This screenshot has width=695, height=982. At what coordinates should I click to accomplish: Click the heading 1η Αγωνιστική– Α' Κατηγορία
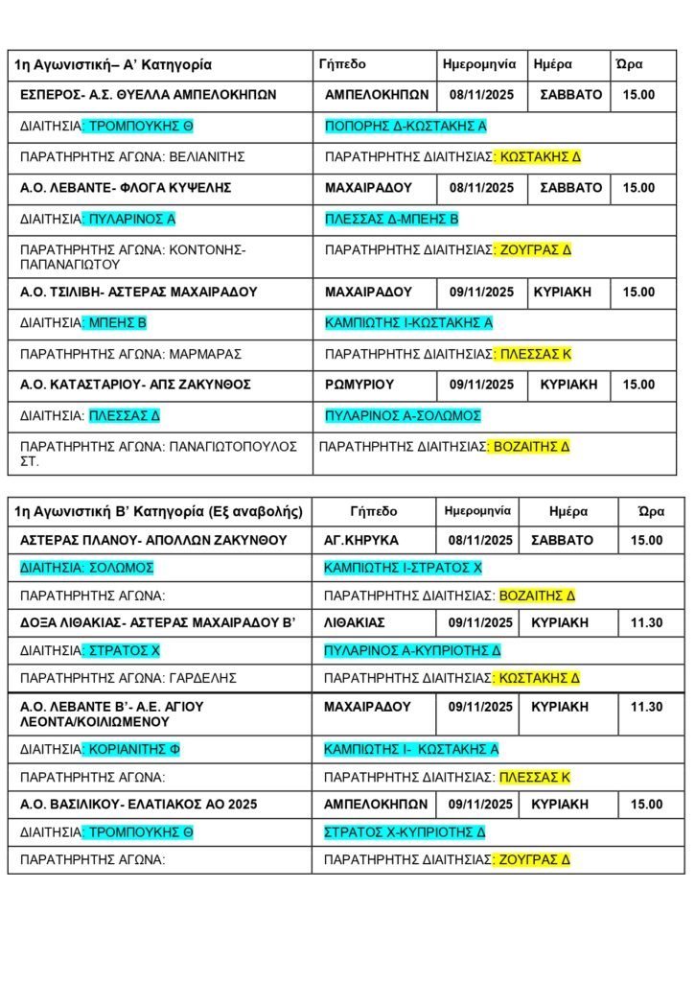[113, 65]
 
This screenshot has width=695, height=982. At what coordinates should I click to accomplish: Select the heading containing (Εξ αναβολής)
[160, 511]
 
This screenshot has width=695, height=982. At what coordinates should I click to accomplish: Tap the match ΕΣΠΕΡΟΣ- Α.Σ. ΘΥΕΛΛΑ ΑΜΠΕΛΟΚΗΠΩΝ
[149, 95]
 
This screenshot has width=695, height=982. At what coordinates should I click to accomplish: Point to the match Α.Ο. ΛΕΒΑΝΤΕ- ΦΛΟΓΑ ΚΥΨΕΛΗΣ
[126, 188]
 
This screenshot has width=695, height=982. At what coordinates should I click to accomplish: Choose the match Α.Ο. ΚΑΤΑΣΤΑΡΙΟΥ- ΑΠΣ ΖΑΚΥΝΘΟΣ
[135, 385]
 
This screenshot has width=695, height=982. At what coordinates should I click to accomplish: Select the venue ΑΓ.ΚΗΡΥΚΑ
[361, 541]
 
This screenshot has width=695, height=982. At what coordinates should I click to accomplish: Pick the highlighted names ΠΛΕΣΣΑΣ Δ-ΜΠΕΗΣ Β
[392, 220]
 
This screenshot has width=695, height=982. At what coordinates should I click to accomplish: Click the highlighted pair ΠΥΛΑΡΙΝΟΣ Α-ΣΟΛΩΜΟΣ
[403, 416]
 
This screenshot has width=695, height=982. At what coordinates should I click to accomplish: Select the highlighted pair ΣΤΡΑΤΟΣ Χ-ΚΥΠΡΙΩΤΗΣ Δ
[405, 831]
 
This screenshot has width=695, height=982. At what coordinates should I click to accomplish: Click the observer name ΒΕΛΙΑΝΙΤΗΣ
[208, 156]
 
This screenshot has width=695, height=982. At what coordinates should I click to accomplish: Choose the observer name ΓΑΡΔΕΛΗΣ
[203, 678]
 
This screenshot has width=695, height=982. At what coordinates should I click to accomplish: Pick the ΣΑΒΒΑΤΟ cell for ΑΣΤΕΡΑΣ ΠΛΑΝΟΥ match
[567, 541]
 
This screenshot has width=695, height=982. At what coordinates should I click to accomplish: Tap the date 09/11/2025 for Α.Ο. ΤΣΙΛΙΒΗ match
[481, 292]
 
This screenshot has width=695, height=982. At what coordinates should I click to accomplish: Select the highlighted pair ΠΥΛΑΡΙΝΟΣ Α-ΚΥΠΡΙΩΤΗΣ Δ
[412, 650]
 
